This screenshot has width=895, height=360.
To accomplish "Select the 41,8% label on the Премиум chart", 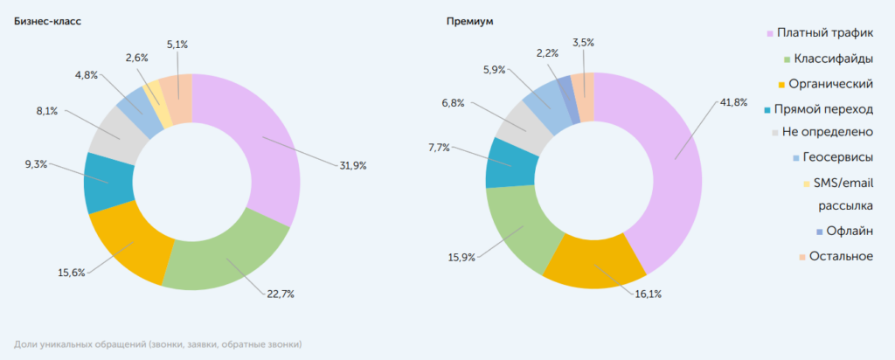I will tap(732, 102).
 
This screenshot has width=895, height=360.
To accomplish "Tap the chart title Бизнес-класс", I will tap(47, 21).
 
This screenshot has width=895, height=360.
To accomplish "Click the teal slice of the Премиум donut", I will tap(500, 163).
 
